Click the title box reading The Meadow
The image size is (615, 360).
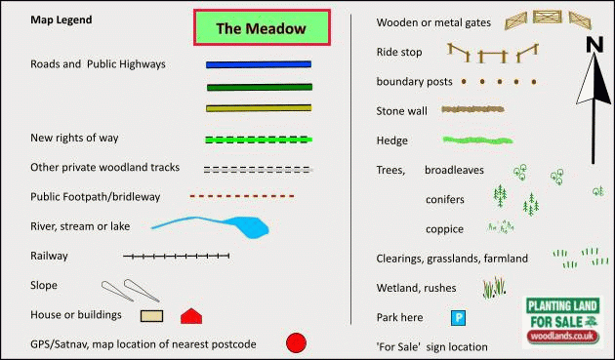(x=262, y=27)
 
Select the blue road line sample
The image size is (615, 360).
(x=259, y=64)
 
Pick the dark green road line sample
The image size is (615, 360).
(x=260, y=87)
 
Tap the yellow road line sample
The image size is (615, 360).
(x=259, y=108)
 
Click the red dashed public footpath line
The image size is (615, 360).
(x=242, y=196)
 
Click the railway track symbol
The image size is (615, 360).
(x=176, y=256)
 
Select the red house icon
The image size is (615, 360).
(x=191, y=316)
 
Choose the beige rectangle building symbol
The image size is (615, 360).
(x=151, y=316)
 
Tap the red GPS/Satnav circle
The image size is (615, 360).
(x=296, y=343)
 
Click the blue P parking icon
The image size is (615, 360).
(x=458, y=318)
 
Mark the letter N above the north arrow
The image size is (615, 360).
(x=594, y=44)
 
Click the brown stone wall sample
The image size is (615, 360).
(x=472, y=109)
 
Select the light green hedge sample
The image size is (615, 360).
(x=477, y=140)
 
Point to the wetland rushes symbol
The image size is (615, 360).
(x=494, y=288)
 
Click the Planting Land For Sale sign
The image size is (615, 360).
(x=562, y=322)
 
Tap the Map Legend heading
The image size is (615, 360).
(x=61, y=20)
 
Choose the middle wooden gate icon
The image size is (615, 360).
(x=547, y=17)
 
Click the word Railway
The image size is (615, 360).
(x=49, y=256)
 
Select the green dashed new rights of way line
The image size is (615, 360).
(x=259, y=140)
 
